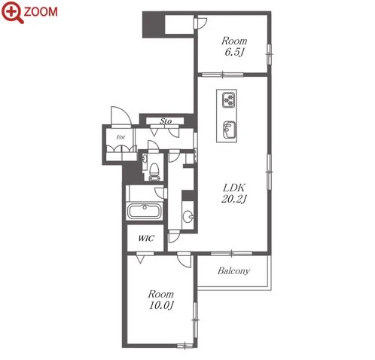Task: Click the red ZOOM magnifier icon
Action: tap(13, 12)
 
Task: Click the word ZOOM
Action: tap(41, 12)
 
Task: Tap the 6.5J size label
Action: tap(235, 52)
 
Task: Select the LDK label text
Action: tap(234, 188)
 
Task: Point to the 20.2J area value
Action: tap(234, 199)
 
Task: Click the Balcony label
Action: tap(233, 271)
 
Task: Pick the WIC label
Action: tap(146, 238)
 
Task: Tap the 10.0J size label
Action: tap(161, 305)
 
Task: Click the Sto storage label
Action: tap(166, 121)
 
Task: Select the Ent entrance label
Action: tap(120, 137)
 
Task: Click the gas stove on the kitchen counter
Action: tap(228, 100)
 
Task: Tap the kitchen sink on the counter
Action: tap(229, 130)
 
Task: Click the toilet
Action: tap(154, 172)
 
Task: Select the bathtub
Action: tap(145, 212)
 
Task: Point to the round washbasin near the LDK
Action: tap(187, 217)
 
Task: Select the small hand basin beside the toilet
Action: tap(145, 158)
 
